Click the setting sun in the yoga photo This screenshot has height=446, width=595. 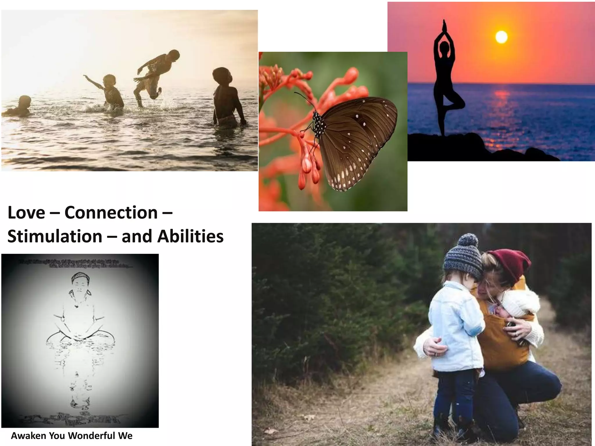click(501, 37)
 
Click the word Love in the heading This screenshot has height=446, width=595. click(26, 213)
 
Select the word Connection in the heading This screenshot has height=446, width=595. click(111, 213)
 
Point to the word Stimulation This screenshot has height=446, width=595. click(55, 236)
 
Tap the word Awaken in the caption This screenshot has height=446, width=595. click(28, 436)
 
